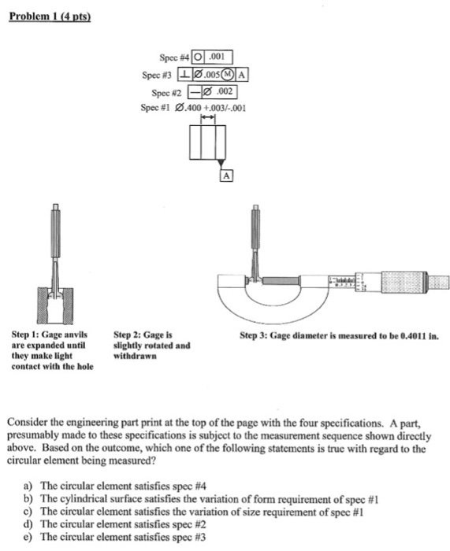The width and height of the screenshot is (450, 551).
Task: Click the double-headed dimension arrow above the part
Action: [x=208, y=117]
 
